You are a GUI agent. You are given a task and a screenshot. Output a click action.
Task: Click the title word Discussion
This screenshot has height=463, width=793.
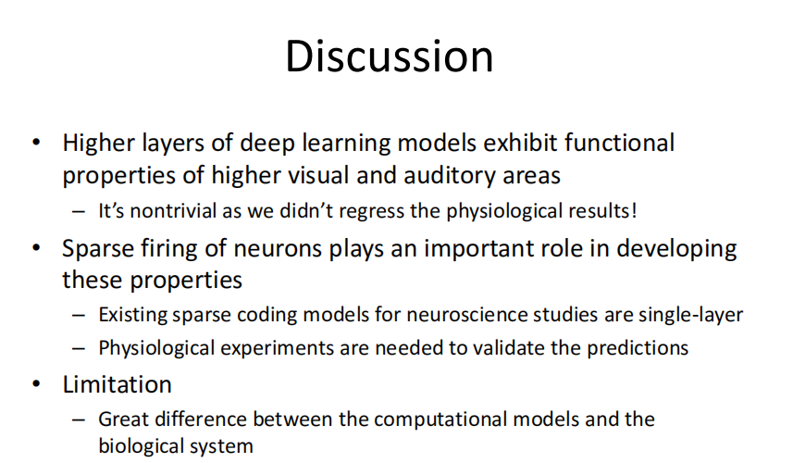pyautogui.click(x=390, y=56)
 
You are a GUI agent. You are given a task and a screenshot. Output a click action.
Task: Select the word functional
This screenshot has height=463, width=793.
pyautogui.click(x=620, y=143)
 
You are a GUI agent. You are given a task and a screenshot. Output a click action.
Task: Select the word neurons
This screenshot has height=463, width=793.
pyautogui.click(x=278, y=249)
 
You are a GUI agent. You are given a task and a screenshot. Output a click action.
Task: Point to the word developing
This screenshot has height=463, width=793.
pyautogui.click(x=676, y=249)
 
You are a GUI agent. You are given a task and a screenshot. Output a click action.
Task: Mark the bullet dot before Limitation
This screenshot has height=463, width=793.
pyautogui.click(x=36, y=384)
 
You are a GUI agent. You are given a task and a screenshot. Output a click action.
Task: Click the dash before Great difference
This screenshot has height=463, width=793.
pyautogui.click(x=79, y=419)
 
